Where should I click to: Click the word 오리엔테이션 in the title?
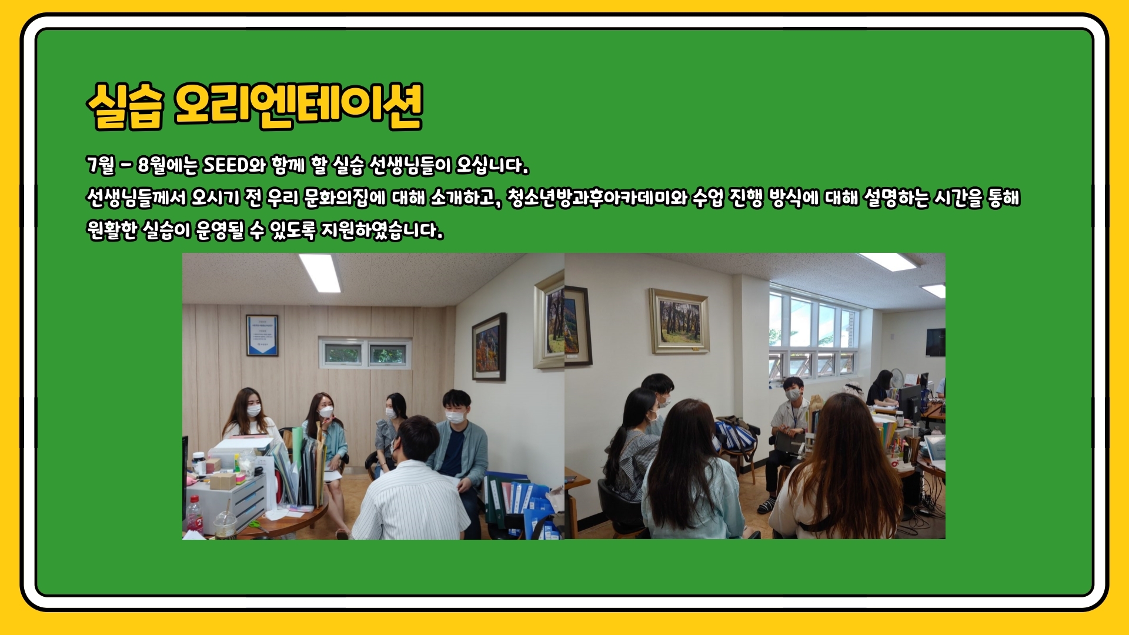pyautogui.click(x=299, y=106)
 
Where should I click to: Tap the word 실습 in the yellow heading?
pyautogui.click(x=125, y=106)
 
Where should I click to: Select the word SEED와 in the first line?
pyautogui.click(x=235, y=165)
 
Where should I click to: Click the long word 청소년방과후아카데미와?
pyautogui.click(x=597, y=198)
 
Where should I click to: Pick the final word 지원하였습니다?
pyautogui.click(x=382, y=230)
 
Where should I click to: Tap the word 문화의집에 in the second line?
pyautogui.click(x=345, y=198)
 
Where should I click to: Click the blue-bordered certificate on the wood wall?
pyautogui.click(x=262, y=335)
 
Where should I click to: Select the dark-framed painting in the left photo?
pyautogui.click(x=489, y=347)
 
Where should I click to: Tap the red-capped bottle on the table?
pyautogui.click(x=195, y=514)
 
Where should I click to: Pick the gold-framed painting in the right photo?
pyautogui.click(x=679, y=320)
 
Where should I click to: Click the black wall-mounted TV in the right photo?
pyautogui.click(x=935, y=342)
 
